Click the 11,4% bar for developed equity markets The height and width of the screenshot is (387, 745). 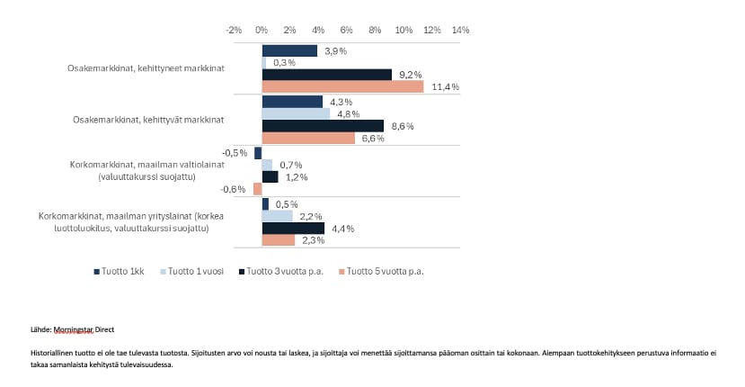[342, 87]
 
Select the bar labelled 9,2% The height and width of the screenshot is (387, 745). [327, 75]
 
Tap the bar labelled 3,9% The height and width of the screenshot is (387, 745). [289, 50]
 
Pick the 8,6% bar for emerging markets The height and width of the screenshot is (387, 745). [323, 126]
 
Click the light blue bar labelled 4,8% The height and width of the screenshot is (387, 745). [296, 114]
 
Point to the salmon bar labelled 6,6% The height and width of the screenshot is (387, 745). [308, 139]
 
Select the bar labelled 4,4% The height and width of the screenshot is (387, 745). [293, 229]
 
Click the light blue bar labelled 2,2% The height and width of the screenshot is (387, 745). [277, 216]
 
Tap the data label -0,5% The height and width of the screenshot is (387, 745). [235, 153]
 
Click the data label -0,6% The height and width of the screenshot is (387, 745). [234, 189]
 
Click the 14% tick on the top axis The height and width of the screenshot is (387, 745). [459, 30]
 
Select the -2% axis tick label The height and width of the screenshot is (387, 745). [234, 30]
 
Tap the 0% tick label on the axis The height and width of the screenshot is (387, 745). [262, 30]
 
